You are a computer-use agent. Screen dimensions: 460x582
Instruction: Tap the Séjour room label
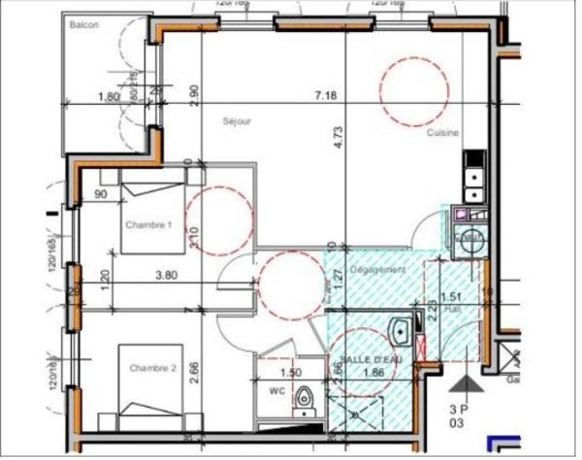238,121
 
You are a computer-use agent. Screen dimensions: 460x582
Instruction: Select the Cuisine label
442,134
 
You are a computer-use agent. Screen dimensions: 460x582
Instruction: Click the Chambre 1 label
147,224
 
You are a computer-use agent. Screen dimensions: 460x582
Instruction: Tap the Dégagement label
377,269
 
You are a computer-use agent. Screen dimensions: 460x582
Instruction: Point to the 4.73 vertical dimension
339,136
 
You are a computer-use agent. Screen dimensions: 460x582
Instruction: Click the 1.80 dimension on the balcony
109,96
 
